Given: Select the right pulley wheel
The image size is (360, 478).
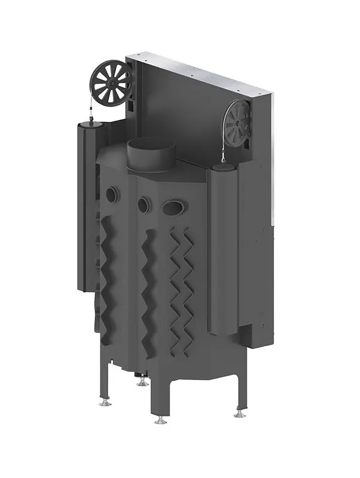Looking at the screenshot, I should [237, 124].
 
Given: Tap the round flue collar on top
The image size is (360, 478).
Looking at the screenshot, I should [150, 154].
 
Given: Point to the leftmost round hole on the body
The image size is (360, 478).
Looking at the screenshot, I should [112, 195].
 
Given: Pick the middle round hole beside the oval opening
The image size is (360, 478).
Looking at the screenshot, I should [144, 204].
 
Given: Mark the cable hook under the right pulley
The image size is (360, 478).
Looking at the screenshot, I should [224, 159].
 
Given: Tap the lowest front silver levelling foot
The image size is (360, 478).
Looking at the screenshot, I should [160, 421].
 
